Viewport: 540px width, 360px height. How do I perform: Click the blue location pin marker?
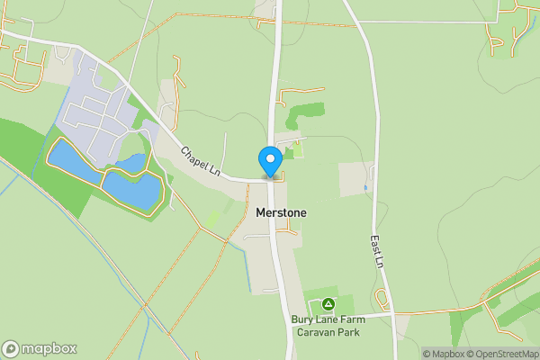269,161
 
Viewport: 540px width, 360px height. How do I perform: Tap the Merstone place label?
281,213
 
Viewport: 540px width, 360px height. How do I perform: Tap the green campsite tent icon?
328,304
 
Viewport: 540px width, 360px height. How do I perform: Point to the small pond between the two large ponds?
131,162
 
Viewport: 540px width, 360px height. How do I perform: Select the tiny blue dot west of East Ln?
365,187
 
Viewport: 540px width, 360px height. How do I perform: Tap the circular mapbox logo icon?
11,348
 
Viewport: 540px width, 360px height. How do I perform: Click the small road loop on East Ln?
382,300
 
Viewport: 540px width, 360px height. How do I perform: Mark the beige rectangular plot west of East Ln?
353,179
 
